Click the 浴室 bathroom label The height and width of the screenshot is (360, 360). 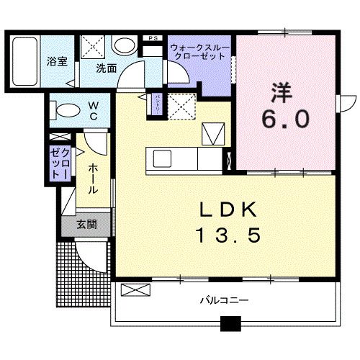pos(57,62)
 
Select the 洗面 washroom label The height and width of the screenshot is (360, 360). pos(107,69)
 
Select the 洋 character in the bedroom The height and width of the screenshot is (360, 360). pos(282,92)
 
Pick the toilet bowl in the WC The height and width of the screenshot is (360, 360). pos(66,112)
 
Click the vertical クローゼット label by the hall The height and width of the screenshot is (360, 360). pos(58,162)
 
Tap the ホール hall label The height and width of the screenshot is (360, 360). pos(94,178)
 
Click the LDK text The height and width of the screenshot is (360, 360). pos(228,209)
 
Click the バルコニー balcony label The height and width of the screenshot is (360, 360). pos(223,299)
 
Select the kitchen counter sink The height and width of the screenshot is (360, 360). pos(161,158)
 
